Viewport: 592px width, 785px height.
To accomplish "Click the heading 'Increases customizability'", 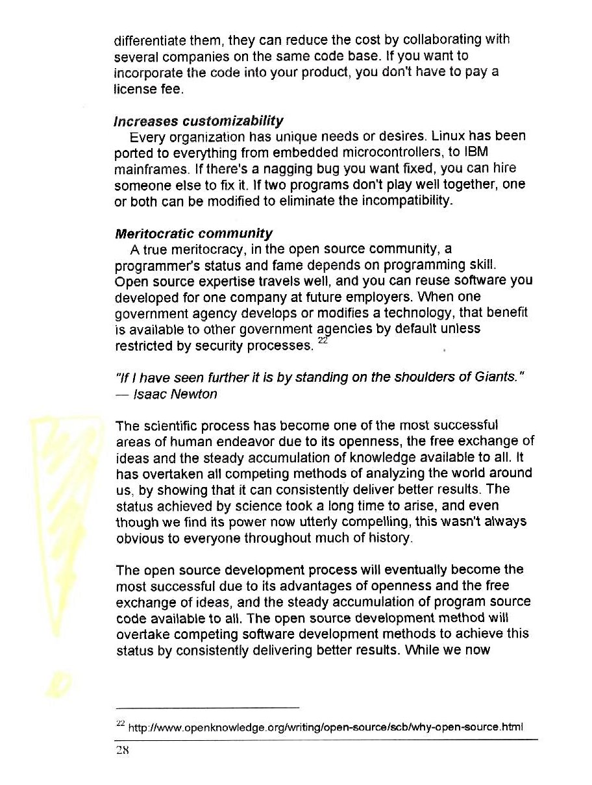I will pyautogui.click(x=199, y=121).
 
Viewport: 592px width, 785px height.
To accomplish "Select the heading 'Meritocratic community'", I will pyautogui.click(x=193, y=233).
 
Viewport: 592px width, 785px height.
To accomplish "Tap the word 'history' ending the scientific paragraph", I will pyautogui.click(x=393, y=539).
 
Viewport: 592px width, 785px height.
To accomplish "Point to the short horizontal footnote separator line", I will pyautogui.click(x=206, y=707).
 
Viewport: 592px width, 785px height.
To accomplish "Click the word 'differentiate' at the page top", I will pyautogui.click(x=154, y=40).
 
